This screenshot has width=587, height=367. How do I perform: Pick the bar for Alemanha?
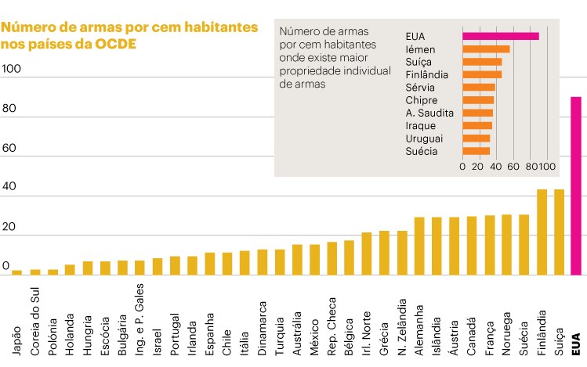(419, 246)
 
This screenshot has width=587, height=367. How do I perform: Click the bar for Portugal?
(174, 266)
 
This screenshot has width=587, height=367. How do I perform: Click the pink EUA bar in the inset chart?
(500, 36)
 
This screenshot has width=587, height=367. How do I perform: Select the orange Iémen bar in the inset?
(486, 49)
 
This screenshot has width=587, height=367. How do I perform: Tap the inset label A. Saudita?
(426, 113)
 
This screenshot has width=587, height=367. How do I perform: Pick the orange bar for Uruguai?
(476, 138)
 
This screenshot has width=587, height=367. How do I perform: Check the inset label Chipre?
(422, 100)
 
